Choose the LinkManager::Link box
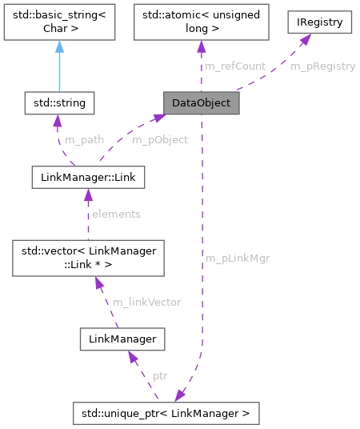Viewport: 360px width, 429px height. click(x=88, y=177)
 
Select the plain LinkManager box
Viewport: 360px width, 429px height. click(x=122, y=339)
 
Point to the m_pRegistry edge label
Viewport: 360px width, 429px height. click(x=322, y=66)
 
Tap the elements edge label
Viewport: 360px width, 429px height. click(x=116, y=214)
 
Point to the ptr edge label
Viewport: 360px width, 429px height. click(x=160, y=375)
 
